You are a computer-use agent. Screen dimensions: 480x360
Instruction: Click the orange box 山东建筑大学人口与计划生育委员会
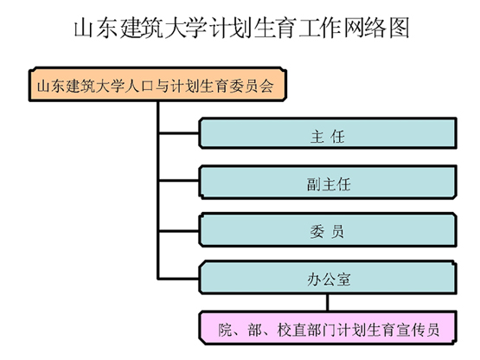[x=157, y=84]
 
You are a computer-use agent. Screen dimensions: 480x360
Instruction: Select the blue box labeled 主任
[x=328, y=133]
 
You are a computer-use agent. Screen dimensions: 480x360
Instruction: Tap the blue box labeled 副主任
[x=328, y=183]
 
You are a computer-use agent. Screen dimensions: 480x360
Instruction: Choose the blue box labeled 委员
[x=328, y=230]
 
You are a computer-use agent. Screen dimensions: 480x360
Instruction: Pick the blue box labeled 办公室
[x=328, y=278]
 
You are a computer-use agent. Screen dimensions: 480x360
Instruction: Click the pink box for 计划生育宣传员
[x=328, y=328]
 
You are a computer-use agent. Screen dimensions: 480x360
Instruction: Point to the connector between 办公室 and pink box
[x=328, y=303]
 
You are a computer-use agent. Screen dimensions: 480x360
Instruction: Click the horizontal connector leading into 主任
[x=179, y=133]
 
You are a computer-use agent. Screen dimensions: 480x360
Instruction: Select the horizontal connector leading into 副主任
[x=179, y=181]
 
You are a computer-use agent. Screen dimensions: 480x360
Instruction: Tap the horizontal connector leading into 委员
[x=179, y=231]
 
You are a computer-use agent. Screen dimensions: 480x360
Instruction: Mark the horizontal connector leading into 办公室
[x=179, y=279]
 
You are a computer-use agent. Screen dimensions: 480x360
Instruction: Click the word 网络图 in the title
[x=376, y=29]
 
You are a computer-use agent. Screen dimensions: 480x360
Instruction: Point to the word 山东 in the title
[x=95, y=29]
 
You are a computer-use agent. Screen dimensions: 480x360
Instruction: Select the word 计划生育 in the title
[x=252, y=29]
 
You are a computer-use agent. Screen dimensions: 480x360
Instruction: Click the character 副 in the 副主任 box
[x=313, y=184]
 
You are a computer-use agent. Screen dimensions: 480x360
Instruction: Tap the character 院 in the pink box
[x=226, y=330]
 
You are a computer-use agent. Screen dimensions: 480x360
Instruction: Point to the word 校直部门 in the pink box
[x=306, y=330]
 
